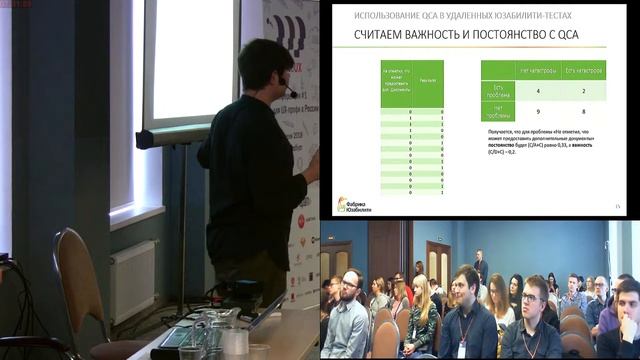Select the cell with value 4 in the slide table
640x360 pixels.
(x=537, y=90)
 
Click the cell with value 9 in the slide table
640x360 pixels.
(x=537, y=112)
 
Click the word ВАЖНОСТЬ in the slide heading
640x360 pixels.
(x=433, y=37)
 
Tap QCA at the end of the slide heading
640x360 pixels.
(x=567, y=37)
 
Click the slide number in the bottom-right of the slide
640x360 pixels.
(x=618, y=206)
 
